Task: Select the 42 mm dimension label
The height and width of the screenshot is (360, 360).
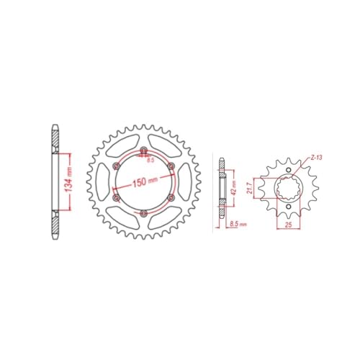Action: click(x=234, y=188)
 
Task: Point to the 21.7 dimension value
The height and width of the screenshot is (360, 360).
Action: click(x=251, y=188)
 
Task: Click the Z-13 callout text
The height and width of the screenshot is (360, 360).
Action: click(x=316, y=158)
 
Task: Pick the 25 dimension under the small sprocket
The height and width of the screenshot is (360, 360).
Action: click(x=289, y=225)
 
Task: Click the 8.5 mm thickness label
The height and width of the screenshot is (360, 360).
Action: click(x=238, y=224)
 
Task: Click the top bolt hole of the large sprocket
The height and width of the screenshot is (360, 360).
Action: click(x=144, y=150)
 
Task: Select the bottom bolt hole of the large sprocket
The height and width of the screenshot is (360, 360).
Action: click(x=143, y=213)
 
